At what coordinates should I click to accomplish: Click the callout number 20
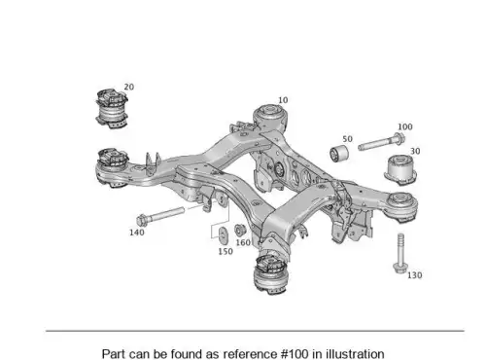click(x=129, y=87)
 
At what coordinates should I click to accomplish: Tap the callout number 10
click(x=283, y=100)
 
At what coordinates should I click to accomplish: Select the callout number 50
click(x=347, y=139)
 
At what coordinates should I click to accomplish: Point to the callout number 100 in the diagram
click(x=405, y=126)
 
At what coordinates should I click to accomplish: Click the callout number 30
click(x=415, y=151)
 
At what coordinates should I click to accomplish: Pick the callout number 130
click(x=414, y=275)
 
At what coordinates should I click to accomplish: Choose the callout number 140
click(x=137, y=233)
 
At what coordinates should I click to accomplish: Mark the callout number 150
click(x=226, y=251)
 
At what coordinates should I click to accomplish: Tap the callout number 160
click(x=243, y=242)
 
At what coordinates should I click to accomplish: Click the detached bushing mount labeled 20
click(x=111, y=108)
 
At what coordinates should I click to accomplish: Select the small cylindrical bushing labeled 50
click(x=339, y=154)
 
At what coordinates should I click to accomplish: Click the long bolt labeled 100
click(x=381, y=142)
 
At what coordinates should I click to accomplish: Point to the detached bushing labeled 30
click(x=399, y=170)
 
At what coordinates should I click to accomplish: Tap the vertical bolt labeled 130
click(x=400, y=253)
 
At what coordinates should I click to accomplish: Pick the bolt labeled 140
click(x=160, y=216)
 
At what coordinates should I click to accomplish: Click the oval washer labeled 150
click(x=223, y=235)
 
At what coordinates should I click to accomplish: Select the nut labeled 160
click(x=240, y=230)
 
